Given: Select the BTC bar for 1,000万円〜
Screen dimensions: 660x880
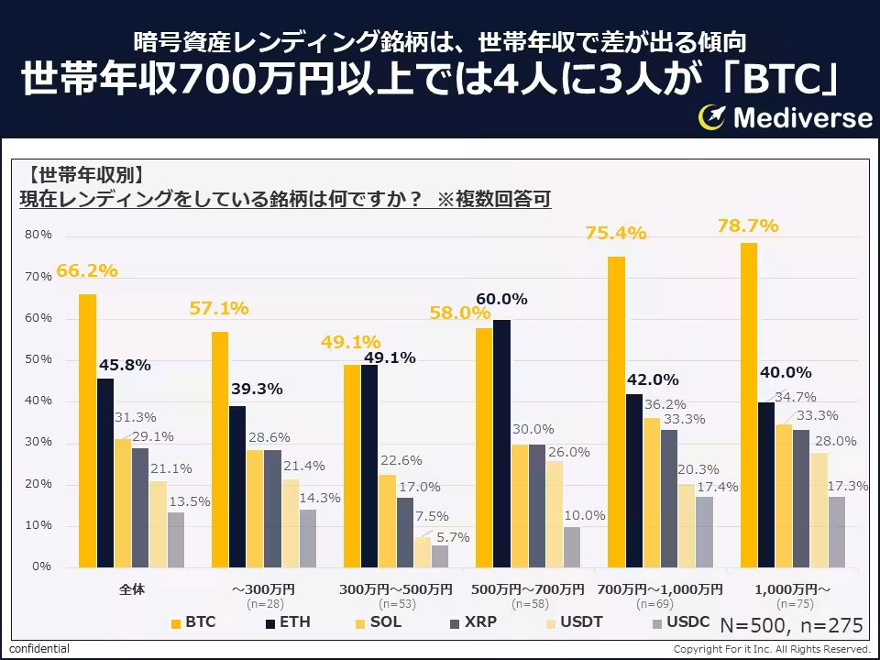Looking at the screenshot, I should [x=749, y=404].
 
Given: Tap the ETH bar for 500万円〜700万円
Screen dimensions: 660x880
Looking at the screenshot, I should [x=501, y=444].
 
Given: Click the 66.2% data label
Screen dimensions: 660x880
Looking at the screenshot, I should [x=87, y=270].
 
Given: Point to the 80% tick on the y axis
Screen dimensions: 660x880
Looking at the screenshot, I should [x=38, y=235].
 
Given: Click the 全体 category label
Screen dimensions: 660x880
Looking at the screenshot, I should [x=131, y=588].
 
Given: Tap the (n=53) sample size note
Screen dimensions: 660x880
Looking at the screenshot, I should [x=396, y=604].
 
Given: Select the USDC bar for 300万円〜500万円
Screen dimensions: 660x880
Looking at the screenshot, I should [x=440, y=555].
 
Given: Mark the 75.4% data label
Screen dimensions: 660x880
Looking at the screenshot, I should [x=616, y=233].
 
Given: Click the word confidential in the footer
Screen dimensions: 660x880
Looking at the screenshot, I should [x=39, y=649].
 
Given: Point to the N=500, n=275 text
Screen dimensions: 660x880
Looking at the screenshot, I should [x=791, y=625].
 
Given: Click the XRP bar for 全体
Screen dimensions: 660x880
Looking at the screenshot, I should [x=139, y=507].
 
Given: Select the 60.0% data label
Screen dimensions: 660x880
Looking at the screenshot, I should [x=501, y=299].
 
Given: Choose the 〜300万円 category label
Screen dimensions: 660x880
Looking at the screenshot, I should [x=263, y=588].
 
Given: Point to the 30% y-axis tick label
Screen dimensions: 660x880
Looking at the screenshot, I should [x=38, y=443].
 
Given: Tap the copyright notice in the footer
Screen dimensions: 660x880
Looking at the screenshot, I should [x=771, y=649].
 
